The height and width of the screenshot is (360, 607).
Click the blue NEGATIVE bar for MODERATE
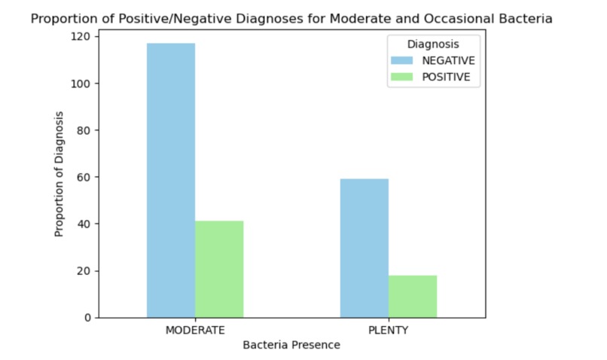(171, 180)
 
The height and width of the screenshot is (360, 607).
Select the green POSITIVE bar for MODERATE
(219, 269)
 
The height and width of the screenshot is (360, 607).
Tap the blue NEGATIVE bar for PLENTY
(364, 248)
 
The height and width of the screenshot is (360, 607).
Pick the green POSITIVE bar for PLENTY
(413, 296)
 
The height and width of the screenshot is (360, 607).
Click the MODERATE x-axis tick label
(195, 331)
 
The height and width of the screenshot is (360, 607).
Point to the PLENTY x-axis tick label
(389, 331)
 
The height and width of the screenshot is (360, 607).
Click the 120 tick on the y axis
(79, 37)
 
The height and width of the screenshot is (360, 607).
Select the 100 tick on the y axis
(79, 84)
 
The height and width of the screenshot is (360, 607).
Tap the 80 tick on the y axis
(81, 130)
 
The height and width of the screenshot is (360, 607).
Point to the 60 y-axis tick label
(81, 178)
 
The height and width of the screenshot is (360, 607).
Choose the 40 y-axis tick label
(81, 224)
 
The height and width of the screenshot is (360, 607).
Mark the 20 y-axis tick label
(81, 271)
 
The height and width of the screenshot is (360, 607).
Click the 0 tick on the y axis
(84, 318)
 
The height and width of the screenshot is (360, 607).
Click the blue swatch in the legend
(402, 60)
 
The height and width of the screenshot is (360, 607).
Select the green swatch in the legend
(402, 76)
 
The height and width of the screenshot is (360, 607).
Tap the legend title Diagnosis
(433, 44)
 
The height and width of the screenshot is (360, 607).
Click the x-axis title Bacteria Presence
(291, 346)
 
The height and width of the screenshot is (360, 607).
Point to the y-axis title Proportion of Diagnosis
(59, 175)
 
